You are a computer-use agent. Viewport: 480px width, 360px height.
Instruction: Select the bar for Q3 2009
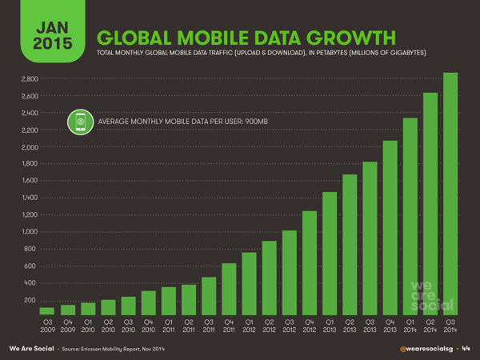(x=47, y=310)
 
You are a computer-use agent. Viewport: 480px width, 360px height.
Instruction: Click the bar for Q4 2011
(x=229, y=288)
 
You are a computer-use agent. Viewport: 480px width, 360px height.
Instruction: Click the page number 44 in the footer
(x=466, y=349)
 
